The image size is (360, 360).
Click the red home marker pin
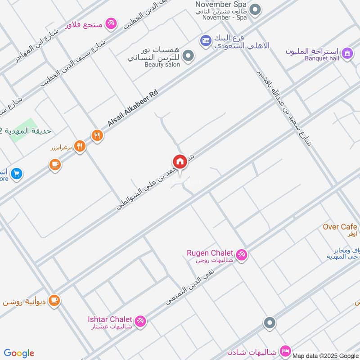click(x=180, y=162)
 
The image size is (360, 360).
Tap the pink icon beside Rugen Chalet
click(x=241, y=255)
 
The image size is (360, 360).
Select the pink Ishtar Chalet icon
click(x=140, y=321)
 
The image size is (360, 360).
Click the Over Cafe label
click(x=340, y=227)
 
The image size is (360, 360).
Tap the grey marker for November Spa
click(x=255, y=10)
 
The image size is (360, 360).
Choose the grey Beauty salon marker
click(x=189, y=56)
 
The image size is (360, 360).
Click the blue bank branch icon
click(x=206, y=40)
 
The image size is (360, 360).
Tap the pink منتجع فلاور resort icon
click(x=111, y=22)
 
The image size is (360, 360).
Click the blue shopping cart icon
click(x=17, y=173)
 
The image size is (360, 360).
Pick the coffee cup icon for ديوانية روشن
click(x=54, y=300)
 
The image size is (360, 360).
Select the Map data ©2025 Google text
click(x=325, y=355)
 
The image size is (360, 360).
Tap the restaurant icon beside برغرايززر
click(x=80, y=146)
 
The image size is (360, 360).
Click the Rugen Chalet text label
click(x=210, y=252)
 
